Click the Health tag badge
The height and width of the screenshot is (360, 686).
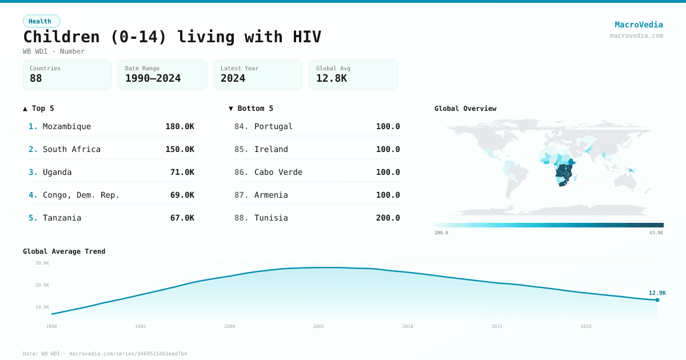pos(41,21)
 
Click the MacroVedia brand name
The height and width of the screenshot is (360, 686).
pos(639,25)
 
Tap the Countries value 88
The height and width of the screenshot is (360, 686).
pos(36,78)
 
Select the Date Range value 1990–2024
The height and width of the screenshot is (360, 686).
pos(153,78)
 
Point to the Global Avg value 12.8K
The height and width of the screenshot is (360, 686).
pos(332,78)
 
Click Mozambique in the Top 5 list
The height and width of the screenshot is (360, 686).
pos(66,126)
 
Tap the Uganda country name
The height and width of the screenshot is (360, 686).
pos(57,172)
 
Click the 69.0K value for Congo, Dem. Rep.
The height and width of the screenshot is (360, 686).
pos(182,195)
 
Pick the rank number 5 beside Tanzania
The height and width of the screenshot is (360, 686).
pos(33,218)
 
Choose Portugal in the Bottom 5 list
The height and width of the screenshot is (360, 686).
pos(273,126)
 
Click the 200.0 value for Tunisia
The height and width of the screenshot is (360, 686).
pos(388,218)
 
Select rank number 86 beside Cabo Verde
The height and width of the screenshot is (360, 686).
pos(241,172)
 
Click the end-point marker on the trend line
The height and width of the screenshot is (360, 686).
pos(657,300)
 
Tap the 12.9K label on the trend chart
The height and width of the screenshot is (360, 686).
pos(657,293)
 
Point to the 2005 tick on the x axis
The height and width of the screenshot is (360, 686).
pos(318,326)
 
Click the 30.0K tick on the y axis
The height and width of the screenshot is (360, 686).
pos(42,263)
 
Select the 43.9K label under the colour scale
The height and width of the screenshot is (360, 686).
pos(656,233)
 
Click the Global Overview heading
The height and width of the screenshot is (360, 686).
pos(465,109)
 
